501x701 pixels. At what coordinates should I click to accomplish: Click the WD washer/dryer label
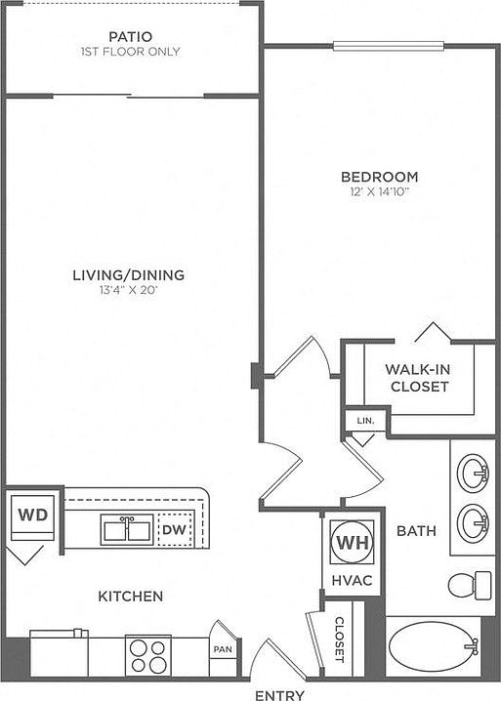(x=33, y=515)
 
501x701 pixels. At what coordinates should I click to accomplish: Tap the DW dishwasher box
(x=176, y=530)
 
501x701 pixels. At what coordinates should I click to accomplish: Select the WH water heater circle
(x=352, y=542)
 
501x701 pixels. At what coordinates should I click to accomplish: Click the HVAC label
(x=352, y=580)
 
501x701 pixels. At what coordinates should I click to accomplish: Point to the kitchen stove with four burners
(x=148, y=655)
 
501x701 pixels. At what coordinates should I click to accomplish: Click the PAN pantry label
(x=223, y=649)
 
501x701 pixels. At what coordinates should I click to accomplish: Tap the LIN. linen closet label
(x=365, y=421)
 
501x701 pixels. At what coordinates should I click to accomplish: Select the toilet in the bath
(x=470, y=585)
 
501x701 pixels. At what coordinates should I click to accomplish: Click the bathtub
(x=432, y=647)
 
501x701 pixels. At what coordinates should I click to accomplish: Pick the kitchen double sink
(x=127, y=530)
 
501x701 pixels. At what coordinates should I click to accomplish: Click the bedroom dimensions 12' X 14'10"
(x=380, y=192)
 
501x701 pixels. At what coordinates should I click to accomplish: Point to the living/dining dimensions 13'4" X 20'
(x=129, y=291)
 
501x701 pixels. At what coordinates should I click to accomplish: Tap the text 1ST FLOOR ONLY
(x=130, y=52)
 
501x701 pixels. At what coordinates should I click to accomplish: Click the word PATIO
(x=131, y=36)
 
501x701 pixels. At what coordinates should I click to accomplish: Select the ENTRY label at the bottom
(x=279, y=694)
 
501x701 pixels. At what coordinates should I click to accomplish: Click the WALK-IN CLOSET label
(x=419, y=378)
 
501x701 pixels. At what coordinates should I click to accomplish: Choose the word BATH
(x=416, y=531)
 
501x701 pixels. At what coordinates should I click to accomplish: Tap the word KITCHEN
(x=131, y=596)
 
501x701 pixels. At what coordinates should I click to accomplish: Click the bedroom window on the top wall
(x=389, y=45)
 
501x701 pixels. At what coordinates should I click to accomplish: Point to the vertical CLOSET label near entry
(x=340, y=639)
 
